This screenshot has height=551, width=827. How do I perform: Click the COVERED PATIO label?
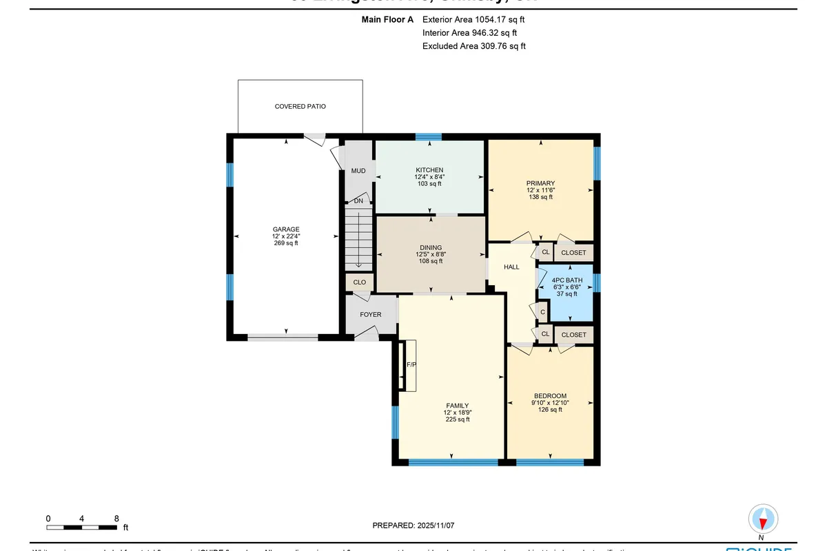300,107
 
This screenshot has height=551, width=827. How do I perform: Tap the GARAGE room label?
286,229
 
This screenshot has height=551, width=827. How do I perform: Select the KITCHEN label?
429,170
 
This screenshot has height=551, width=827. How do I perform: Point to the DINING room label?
431,248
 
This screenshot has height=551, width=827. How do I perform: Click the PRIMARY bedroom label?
541,183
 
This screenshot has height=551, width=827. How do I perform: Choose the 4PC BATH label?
567,280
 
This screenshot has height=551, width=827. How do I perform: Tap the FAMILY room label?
457,406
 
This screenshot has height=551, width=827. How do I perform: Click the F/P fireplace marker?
411,364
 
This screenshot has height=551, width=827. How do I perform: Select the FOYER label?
371,315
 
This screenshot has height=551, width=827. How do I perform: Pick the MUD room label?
358,171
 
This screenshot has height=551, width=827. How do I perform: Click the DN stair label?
358,201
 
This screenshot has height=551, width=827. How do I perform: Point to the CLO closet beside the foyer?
359,282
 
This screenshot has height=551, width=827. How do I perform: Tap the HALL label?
511,267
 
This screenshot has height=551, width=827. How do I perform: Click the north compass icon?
762,519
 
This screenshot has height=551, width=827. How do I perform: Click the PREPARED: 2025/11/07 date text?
413,526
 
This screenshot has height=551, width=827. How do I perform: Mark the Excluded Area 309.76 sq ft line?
473,46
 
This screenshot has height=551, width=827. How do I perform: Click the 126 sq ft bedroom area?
550,409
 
